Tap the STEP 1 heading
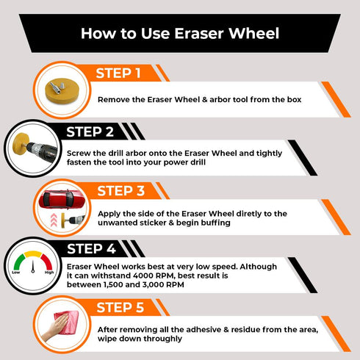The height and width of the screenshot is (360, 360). [118, 73]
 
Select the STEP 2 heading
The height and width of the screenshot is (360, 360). [90, 132]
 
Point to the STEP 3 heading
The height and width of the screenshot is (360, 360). [121, 191]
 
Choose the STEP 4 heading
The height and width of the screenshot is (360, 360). [91, 249]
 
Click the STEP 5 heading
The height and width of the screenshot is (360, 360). [120, 308]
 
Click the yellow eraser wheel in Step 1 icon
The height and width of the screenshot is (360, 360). [62, 90]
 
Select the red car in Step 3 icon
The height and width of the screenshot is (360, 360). [62, 199]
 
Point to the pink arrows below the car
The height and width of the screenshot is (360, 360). [54, 220]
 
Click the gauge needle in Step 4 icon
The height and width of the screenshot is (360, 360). [33, 266]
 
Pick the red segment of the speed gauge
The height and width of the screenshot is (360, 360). [47, 262]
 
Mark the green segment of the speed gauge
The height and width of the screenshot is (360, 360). [19, 262]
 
